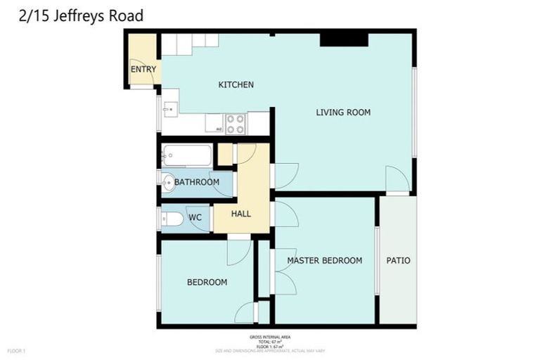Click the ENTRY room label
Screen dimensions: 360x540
click(x=143, y=69)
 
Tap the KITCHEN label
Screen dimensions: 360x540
click(x=236, y=85)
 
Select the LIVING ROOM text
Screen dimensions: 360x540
click(x=342, y=112)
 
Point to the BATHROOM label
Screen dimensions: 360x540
click(x=197, y=182)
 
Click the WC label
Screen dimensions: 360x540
click(x=195, y=218)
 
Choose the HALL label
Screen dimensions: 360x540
click(x=241, y=214)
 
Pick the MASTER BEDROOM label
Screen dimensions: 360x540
click(x=324, y=261)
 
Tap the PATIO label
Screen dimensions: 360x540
click(x=398, y=261)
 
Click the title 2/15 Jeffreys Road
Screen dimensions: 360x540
click(x=82, y=15)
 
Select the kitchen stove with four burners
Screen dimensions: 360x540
click(x=236, y=124)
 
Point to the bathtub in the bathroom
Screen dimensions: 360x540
click(x=187, y=155)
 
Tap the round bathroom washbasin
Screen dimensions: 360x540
click(x=168, y=183)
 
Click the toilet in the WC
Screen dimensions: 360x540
click(x=172, y=219)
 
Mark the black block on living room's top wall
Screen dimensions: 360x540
click(x=344, y=40)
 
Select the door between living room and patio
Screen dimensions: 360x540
click(x=397, y=179)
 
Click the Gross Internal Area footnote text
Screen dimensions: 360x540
click(x=270, y=340)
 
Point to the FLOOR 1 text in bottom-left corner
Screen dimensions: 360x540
click(x=16, y=350)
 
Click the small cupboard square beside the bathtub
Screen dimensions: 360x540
click(x=224, y=154)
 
